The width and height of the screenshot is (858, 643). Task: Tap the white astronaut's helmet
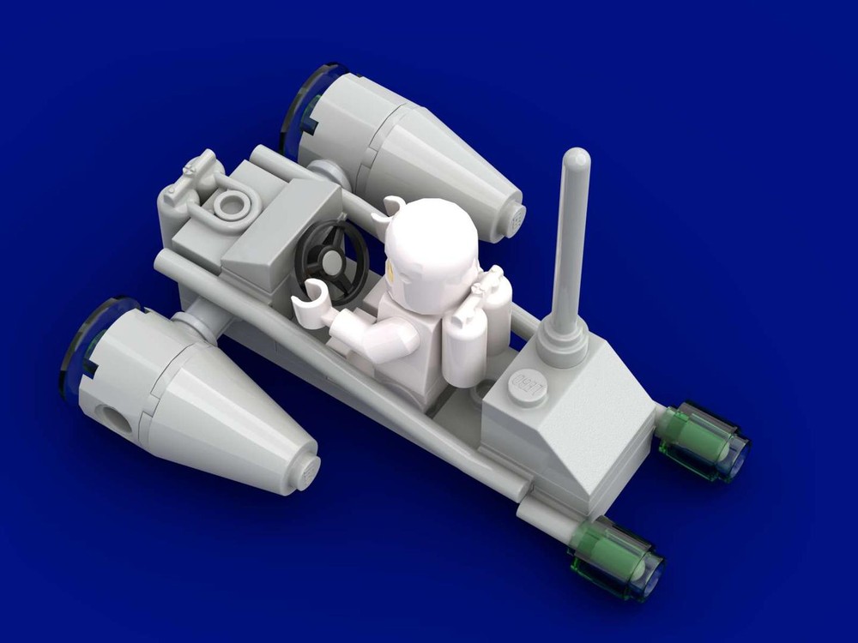[429, 244]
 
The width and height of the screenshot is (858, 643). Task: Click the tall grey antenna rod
[572, 240]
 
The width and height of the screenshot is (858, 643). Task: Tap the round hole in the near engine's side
[113, 420]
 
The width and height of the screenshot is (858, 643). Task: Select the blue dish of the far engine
[300, 107]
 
